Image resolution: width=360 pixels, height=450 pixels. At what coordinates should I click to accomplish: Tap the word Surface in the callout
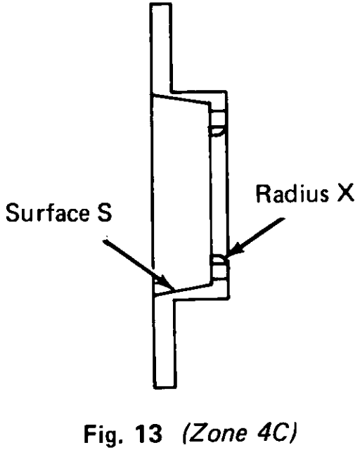click(48, 212)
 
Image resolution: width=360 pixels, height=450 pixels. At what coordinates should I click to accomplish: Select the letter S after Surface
click(104, 212)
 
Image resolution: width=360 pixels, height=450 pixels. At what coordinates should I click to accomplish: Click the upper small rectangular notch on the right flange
click(219, 118)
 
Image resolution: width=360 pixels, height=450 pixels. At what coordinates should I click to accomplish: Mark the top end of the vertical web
click(161, 4)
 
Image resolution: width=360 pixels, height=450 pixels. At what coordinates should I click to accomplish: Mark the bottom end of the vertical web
click(165, 387)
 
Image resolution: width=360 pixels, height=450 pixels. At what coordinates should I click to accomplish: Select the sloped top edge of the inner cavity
click(181, 98)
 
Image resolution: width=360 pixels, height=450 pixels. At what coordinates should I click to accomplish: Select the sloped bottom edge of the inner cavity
click(184, 289)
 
